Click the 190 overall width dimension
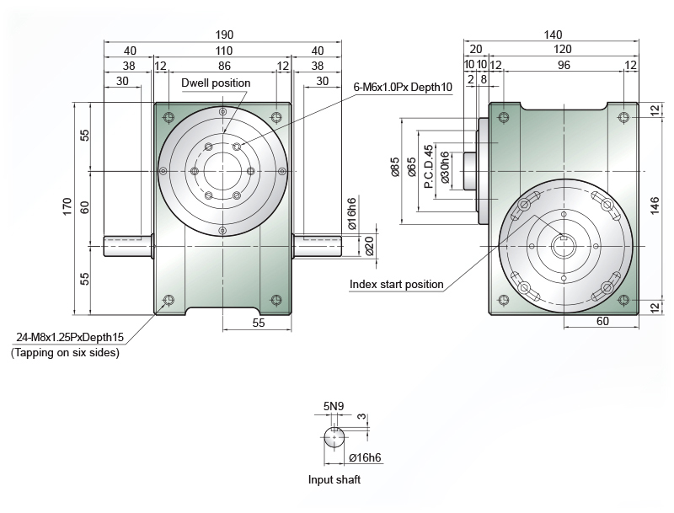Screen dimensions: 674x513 point(224,35)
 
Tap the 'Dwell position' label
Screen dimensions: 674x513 point(216,83)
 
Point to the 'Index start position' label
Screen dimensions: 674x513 point(396,285)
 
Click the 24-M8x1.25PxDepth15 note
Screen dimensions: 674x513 point(70,337)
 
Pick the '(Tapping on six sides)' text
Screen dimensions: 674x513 point(65,353)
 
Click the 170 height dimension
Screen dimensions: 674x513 point(67,206)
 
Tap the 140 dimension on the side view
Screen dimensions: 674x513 point(553,35)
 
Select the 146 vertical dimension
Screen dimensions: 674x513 point(655,206)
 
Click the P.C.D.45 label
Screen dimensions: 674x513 point(429,167)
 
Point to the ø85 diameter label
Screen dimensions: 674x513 point(395,167)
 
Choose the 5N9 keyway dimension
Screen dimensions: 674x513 point(334,406)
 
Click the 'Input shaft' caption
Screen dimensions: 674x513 point(334,480)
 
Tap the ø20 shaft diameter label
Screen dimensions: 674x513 point(369,246)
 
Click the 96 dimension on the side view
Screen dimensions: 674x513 point(564,65)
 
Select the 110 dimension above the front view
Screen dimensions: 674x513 point(224,51)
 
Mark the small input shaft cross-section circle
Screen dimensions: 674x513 point(334,437)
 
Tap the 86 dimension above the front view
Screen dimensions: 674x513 point(224,66)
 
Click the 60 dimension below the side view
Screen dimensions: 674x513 point(602,321)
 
